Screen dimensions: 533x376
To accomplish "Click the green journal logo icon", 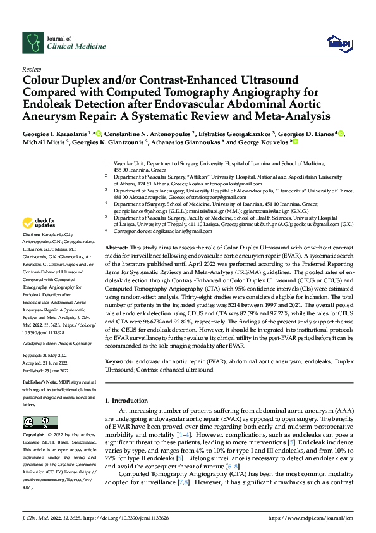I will [x=32, y=42].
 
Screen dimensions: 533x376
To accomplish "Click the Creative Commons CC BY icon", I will [x=37, y=422].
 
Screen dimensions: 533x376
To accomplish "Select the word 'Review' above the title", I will [x=31, y=69].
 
